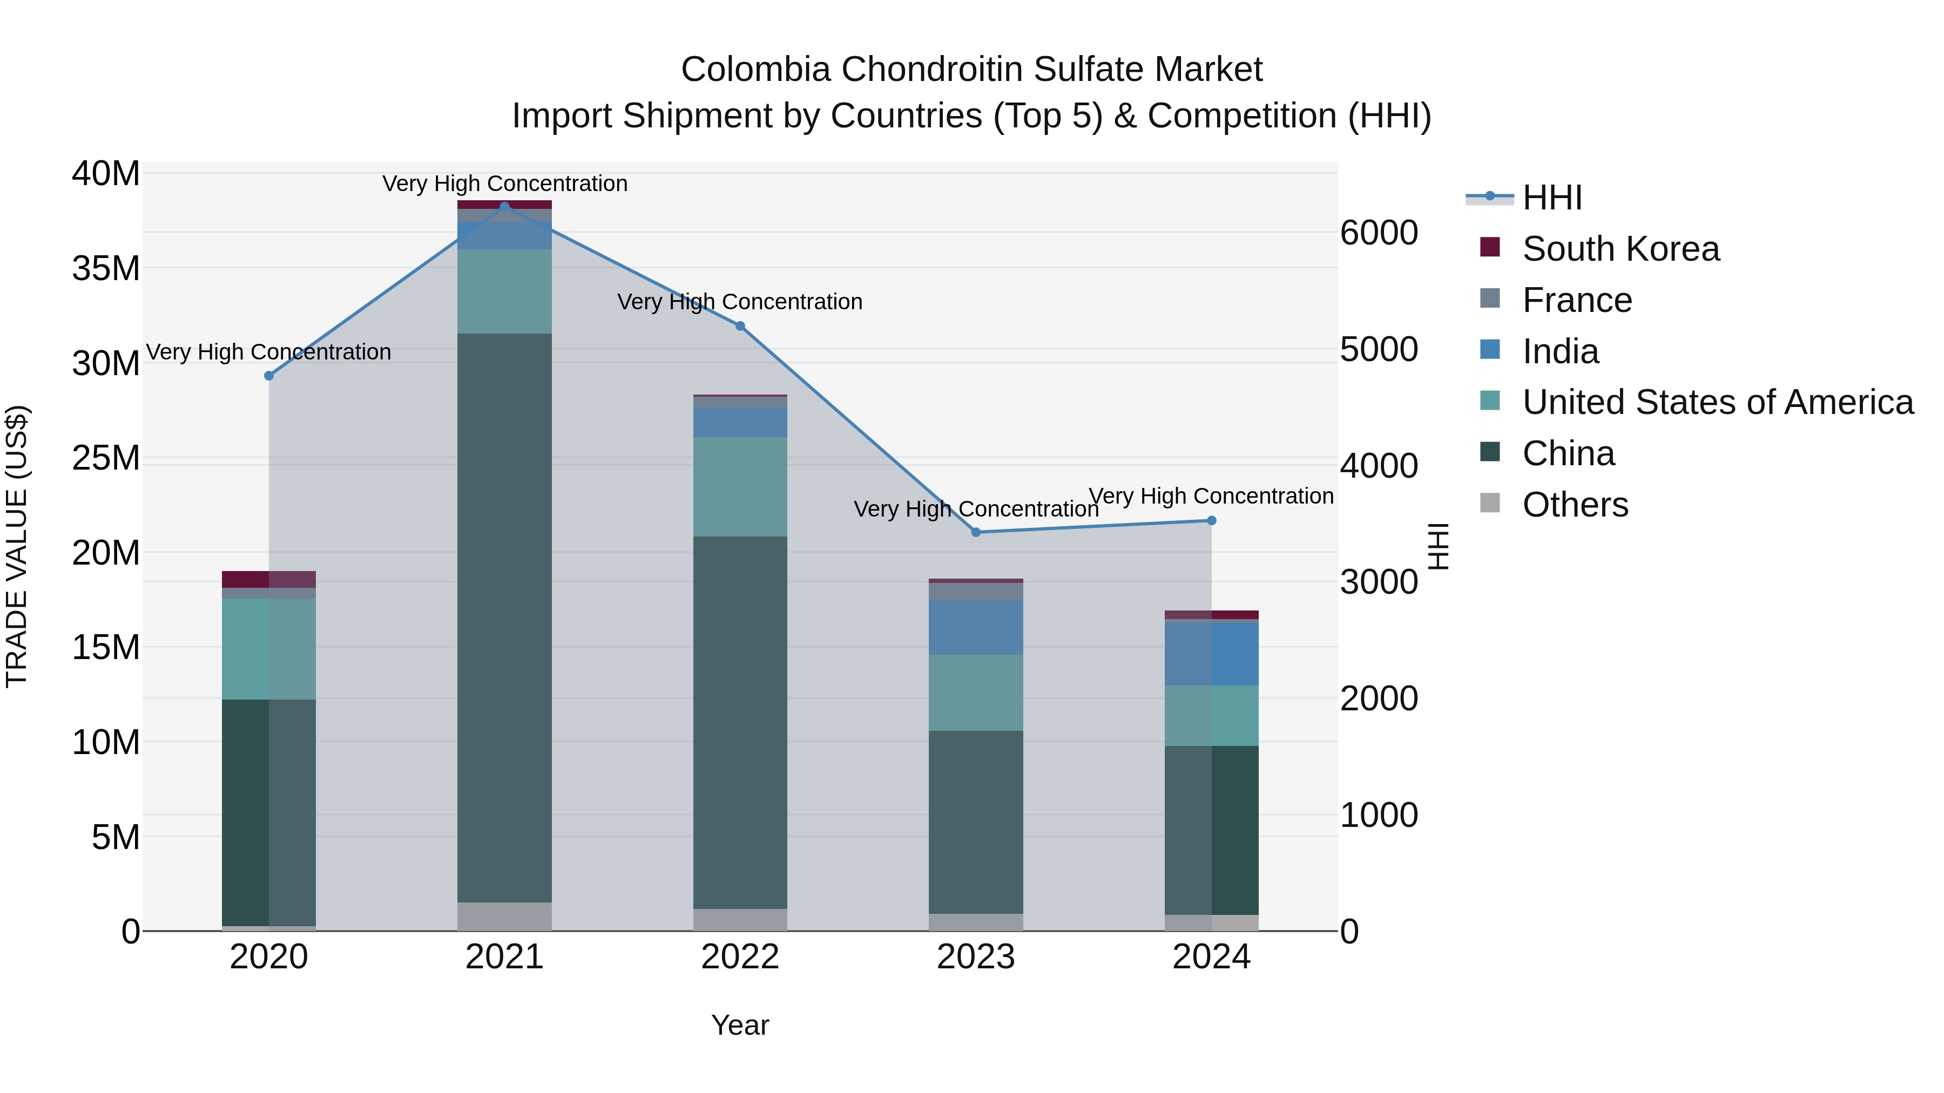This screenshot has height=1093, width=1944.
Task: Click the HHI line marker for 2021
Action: [x=505, y=206]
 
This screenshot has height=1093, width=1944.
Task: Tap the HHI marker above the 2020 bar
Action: [x=269, y=376]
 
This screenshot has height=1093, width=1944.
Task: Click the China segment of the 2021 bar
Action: [x=505, y=619]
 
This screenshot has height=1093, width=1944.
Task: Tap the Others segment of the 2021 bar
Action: [x=505, y=916]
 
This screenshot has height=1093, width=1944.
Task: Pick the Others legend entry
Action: [x=1575, y=505]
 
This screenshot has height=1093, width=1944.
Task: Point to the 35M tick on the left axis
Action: [x=106, y=269]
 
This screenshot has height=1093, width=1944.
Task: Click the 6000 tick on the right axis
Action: [x=1379, y=233]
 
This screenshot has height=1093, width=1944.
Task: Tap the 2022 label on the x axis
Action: [x=740, y=957]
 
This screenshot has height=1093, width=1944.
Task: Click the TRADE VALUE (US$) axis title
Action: [x=17, y=546]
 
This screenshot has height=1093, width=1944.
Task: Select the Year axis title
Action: [x=740, y=1025]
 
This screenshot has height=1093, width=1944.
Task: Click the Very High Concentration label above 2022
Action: [x=740, y=302]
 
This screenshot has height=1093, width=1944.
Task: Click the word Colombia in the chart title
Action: [x=757, y=70]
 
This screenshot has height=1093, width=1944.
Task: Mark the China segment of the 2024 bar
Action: [x=1211, y=830]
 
